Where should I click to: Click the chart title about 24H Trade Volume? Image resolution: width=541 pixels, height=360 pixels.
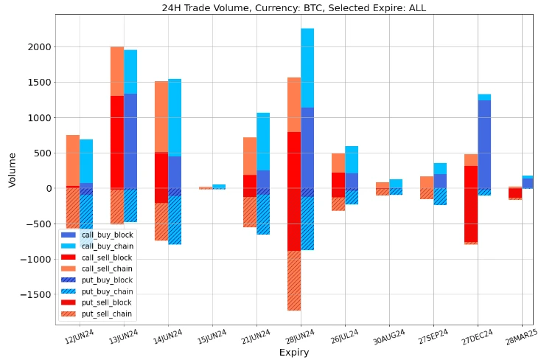[293, 8]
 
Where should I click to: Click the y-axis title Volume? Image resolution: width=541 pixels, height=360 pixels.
[12, 170]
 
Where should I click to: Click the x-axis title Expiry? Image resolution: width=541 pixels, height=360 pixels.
[293, 353]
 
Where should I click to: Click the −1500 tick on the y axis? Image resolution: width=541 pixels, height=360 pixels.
[36, 294]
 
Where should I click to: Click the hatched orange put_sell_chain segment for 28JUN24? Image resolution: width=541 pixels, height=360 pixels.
[294, 280]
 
